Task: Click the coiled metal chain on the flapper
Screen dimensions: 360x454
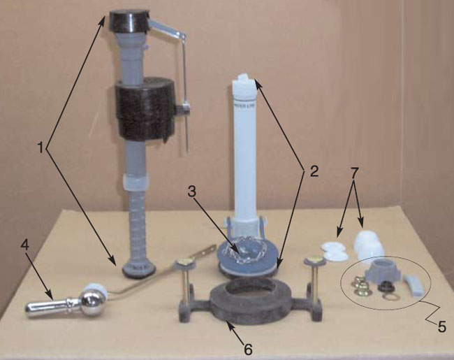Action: tap(244, 248)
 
